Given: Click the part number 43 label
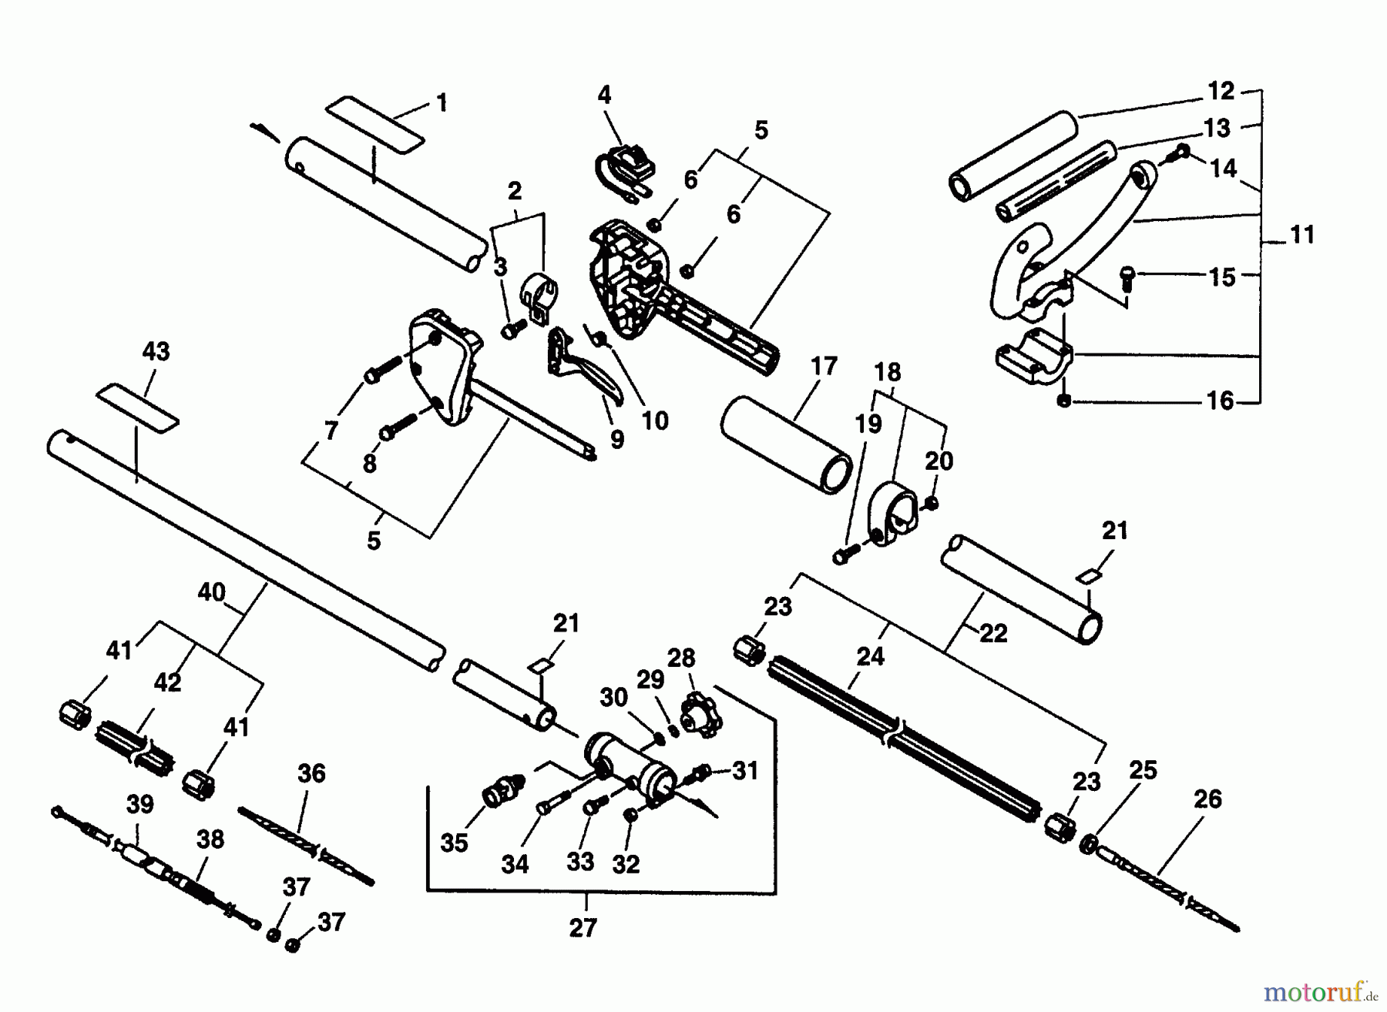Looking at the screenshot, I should [x=156, y=352].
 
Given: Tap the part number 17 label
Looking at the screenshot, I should [x=824, y=366].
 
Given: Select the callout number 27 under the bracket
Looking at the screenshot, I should [x=583, y=928].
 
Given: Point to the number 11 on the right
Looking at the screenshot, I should [x=1301, y=235].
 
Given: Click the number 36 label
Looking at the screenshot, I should [x=311, y=773].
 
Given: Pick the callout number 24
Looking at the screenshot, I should [x=870, y=656].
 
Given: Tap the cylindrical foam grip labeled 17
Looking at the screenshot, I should [x=786, y=444].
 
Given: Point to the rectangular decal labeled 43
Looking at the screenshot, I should [x=138, y=404].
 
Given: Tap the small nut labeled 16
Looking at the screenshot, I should [x=1065, y=401].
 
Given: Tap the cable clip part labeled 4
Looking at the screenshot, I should [x=624, y=170].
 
